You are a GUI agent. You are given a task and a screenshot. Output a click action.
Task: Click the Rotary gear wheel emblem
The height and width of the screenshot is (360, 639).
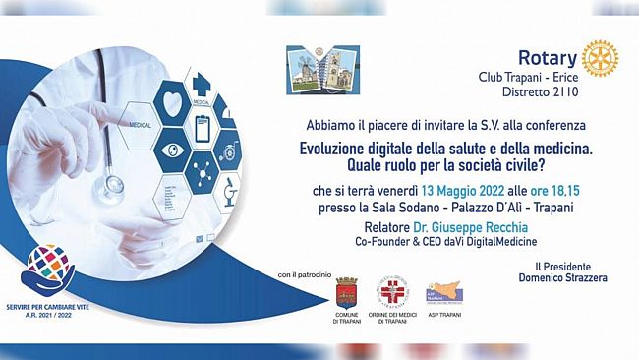click(x=599, y=59)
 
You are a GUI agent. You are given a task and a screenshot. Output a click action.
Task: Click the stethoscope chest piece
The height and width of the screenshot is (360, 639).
click(x=110, y=184)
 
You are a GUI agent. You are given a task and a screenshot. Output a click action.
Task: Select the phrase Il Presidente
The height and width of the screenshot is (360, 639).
click(x=552, y=267)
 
